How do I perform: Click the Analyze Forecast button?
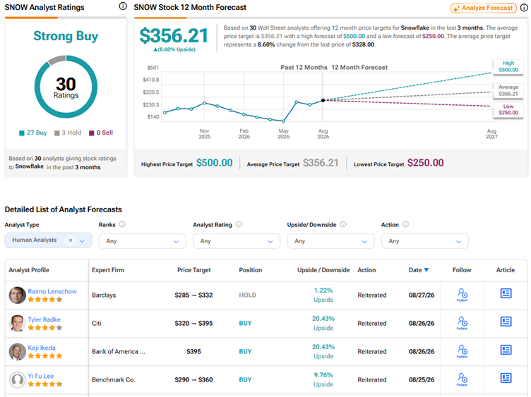click(x=483, y=8)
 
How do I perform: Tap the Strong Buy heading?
click(x=66, y=36)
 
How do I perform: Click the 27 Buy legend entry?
click(x=33, y=133)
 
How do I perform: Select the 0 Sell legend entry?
click(x=101, y=133)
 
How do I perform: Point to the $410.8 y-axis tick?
click(x=151, y=80)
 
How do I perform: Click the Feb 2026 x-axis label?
click(x=244, y=133)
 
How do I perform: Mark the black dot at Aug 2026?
click(x=323, y=100)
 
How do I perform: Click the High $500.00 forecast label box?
click(x=508, y=66)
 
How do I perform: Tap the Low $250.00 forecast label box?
click(x=508, y=109)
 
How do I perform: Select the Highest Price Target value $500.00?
click(x=215, y=163)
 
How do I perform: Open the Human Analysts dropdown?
click(x=48, y=240)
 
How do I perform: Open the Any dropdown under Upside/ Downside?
click(x=330, y=241)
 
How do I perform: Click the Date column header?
click(x=419, y=270)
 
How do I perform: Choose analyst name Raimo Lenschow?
click(x=52, y=291)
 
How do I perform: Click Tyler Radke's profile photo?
click(x=17, y=323)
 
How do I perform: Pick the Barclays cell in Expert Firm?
click(x=104, y=295)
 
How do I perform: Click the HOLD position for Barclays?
click(x=248, y=295)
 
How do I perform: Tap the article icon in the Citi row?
click(x=506, y=322)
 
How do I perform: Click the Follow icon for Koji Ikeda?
click(x=463, y=350)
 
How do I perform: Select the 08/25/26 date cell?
click(x=422, y=379)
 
